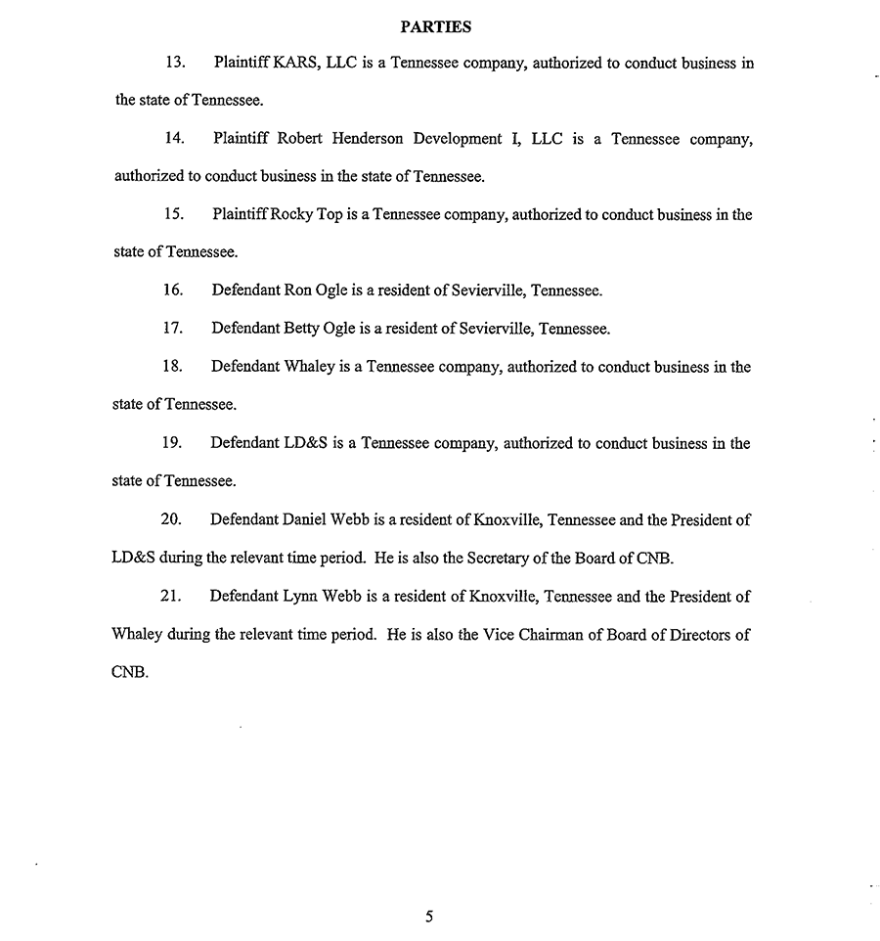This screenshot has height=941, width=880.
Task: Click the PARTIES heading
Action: click(436, 26)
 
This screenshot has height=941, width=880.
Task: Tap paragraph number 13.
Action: click(175, 63)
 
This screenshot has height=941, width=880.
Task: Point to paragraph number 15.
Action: click(175, 214)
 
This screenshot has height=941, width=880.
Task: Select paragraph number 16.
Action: click(174, 291)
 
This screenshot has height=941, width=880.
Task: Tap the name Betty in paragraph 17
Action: click(302, 329)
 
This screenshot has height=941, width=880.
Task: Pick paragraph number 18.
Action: click(174, 367)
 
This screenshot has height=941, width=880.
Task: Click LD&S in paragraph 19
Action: click(306, 443)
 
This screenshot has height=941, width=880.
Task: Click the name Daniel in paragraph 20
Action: click(306, 519)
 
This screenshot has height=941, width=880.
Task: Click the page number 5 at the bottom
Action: click(429, 917)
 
